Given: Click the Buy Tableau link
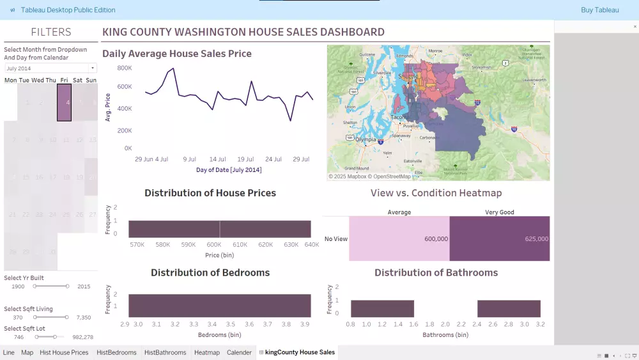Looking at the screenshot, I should pos(599,10).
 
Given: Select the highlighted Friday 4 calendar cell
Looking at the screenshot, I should pos(64,102).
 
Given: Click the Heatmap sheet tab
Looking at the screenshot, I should pos(206,352).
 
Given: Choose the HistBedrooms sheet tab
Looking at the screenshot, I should pos(116,352).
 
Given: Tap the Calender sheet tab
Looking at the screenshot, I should pos(239,352).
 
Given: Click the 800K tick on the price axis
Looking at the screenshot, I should pos(124,68).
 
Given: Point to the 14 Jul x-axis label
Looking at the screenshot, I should pos(217,159).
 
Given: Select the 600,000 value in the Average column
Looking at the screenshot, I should pos(436,239).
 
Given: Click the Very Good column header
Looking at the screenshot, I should pos(499,212).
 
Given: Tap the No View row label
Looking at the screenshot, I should pos(336,239).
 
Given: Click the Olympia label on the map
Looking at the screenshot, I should pos(366,139).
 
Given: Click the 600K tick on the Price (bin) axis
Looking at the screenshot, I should pos(214,244).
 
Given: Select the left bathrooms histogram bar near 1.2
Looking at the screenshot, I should pos(382,309).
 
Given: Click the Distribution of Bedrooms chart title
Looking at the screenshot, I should pos(210,272).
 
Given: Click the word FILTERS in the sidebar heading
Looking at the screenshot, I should pos(51,32).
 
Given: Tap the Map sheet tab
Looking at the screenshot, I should pos(27,352).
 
